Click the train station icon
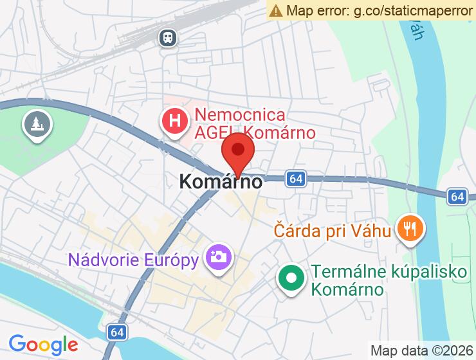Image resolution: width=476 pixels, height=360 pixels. pos(169,38)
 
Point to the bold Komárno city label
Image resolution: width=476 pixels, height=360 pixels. pos(221,182)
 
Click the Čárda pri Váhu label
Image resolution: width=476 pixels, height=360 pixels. pos(333,230)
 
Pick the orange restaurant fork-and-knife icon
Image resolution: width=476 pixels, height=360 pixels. pos(408,227)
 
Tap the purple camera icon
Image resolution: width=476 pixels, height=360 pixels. pos(217,258)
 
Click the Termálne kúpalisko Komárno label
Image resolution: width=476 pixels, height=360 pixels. pos(389,281)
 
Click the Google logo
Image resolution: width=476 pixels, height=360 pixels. pos(43,345)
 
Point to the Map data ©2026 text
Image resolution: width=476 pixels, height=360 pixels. pos(421,351)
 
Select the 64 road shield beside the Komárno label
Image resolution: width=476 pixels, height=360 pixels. pos(295,179)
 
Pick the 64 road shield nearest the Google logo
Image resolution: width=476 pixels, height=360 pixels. pos(116,332)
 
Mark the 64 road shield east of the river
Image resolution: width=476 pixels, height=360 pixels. pos(457,195)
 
